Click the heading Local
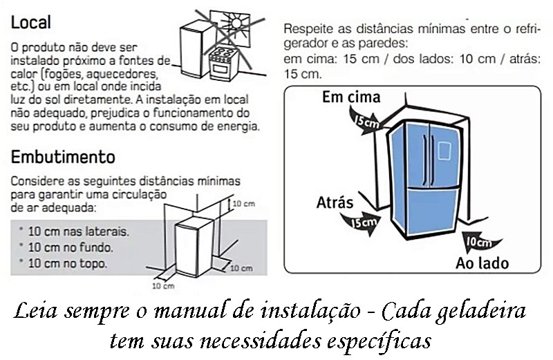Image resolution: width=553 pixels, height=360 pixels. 31,22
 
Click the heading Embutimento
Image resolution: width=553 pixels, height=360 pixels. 63,157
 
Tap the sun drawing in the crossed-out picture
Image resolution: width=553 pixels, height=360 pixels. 235,23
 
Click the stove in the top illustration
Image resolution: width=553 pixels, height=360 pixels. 223,64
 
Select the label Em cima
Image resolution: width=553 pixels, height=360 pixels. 351,97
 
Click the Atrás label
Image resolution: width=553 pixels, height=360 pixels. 335,202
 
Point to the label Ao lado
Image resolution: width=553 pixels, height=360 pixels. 482,263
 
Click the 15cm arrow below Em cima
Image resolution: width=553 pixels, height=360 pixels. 365,122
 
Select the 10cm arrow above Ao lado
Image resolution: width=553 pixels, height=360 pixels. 480,242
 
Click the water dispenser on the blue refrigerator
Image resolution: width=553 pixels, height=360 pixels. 444,151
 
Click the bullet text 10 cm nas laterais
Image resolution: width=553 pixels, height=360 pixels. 78,231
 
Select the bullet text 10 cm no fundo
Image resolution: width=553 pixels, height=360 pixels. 71,247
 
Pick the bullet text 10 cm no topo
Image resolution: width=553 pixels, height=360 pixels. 67,263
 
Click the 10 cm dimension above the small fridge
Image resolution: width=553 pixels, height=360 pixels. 243,204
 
